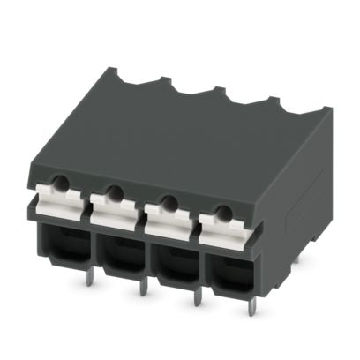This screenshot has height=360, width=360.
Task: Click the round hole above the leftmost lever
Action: tap(59, 183)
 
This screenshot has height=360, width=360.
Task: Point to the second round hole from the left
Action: tap(113, 191)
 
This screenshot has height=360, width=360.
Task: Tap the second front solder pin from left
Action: tap(142, 288)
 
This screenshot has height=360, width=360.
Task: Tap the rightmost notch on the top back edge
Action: tap(266, 102)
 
